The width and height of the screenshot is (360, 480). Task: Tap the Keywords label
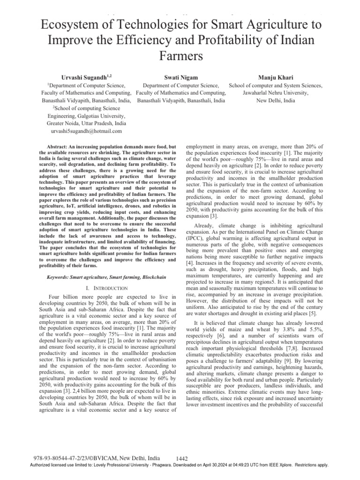click(x=60, y=277)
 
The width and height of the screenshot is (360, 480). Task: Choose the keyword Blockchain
click(x=151, y=277)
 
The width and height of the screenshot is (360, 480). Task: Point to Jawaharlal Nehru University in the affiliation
click(x=276, y=93)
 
